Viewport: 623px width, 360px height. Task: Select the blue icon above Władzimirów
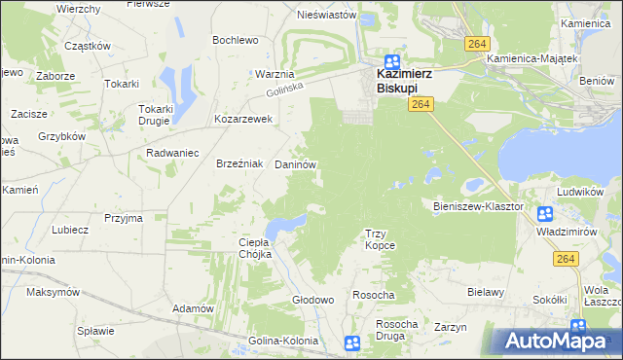[x=544, y=215]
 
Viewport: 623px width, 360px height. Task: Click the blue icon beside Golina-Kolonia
[x=352, y=342]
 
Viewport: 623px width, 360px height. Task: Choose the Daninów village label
[x=295, y=166]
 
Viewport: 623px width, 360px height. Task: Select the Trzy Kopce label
[x=380, y=239]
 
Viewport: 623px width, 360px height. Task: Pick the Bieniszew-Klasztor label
[x=478, y=206]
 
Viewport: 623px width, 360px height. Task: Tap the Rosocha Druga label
[x=397, y=330]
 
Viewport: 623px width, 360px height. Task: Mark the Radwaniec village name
[x=172, y=153]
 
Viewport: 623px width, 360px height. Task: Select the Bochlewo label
[x=236, y=40]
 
